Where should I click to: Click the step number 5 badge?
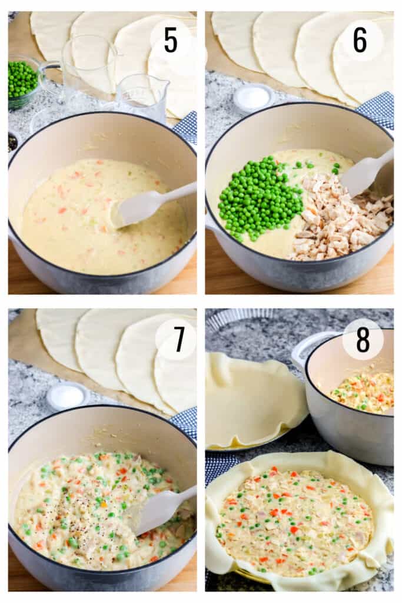171,39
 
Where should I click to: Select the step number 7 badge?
177,339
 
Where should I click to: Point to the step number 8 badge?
363,339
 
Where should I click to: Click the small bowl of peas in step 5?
22,81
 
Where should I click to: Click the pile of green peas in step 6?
255,196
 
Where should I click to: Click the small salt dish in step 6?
253,98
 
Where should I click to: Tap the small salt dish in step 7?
66,396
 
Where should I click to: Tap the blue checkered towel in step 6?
377,108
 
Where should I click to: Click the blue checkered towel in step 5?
187,127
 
